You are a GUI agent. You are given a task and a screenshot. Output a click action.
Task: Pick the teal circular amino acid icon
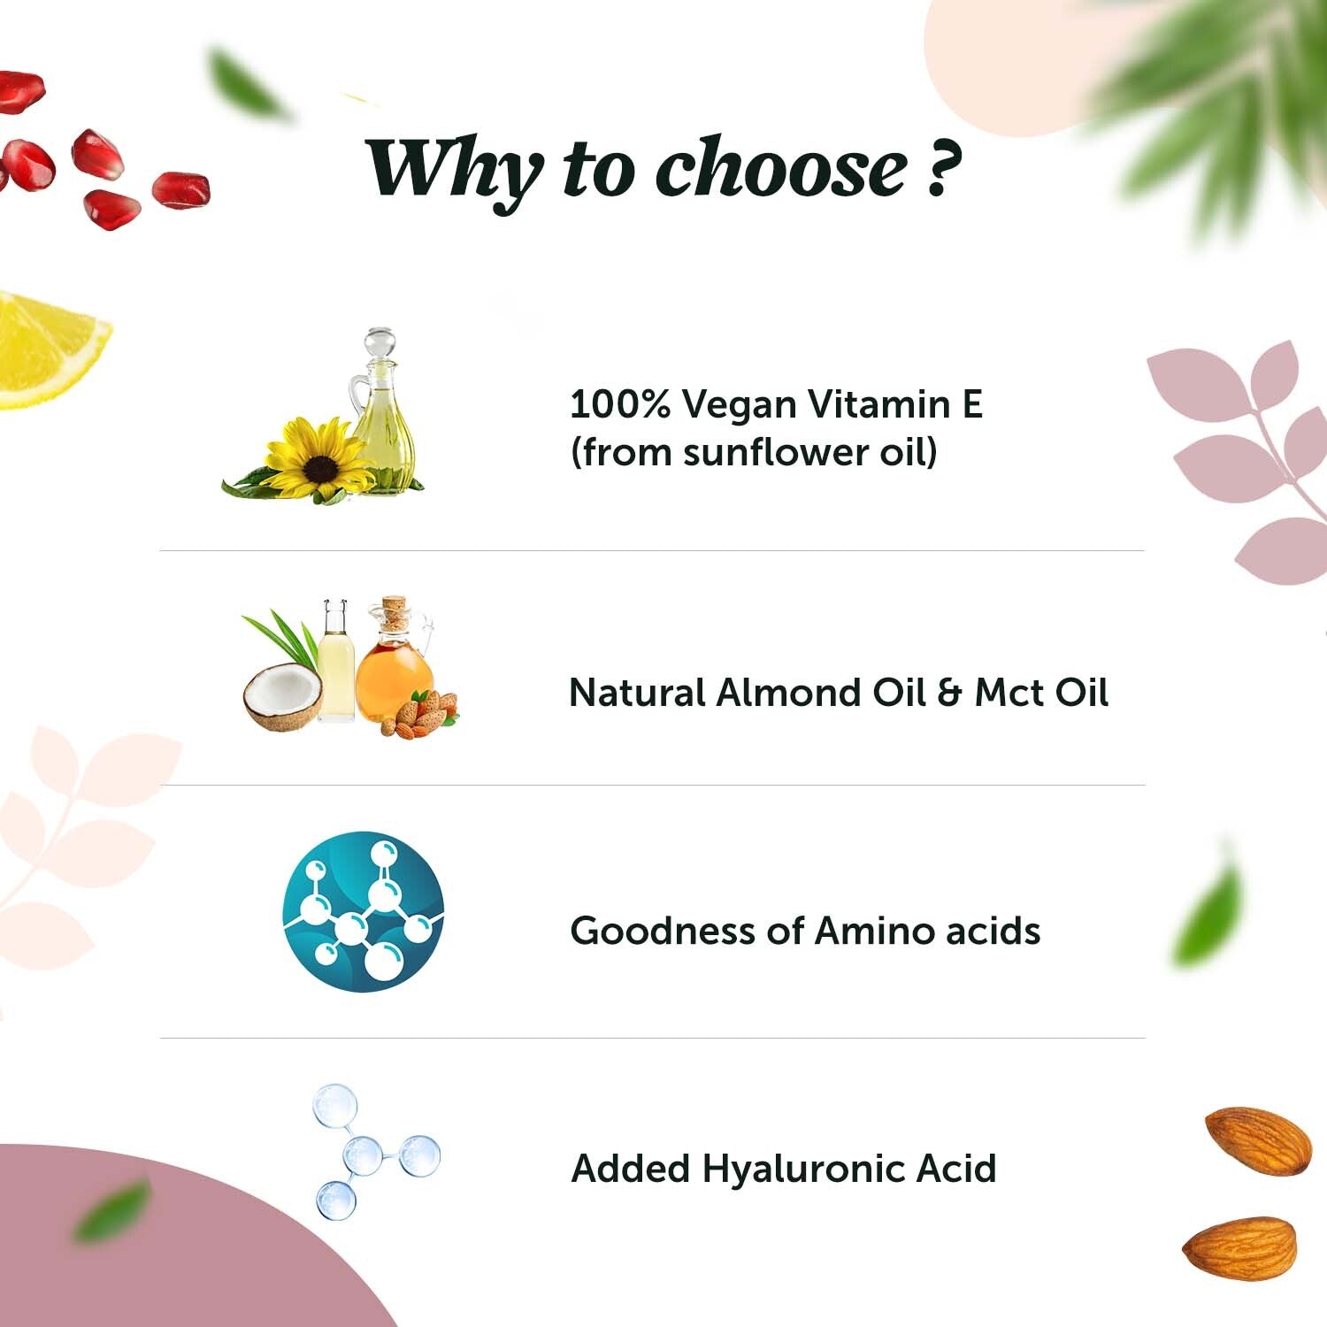[364, 911]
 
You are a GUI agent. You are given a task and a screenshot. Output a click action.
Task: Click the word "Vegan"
[740, 406]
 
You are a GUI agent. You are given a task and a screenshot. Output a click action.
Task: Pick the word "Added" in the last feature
[631, 1169]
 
